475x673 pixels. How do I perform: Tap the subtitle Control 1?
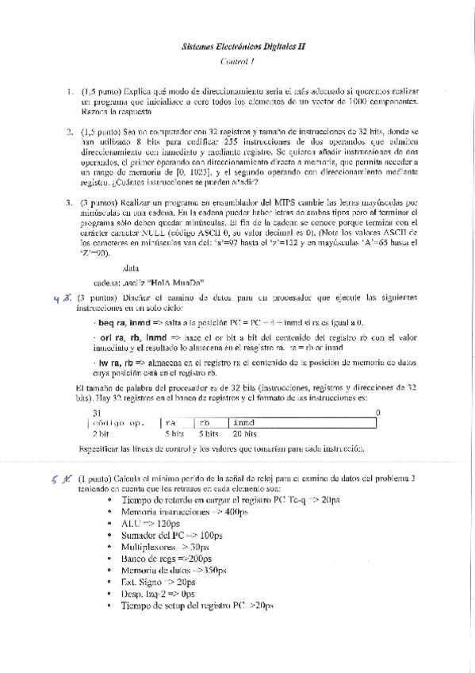click(x=237, y=61)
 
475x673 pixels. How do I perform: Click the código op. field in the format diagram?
click(x=124, y=424)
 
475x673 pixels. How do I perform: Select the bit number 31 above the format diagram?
click(x=97, y=413)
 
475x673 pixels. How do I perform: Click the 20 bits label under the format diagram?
click(x=245, y=435)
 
